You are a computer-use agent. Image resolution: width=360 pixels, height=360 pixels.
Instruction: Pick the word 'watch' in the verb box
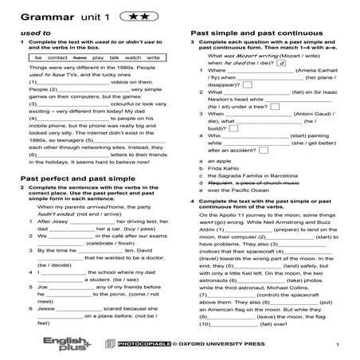tap(132, 58)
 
